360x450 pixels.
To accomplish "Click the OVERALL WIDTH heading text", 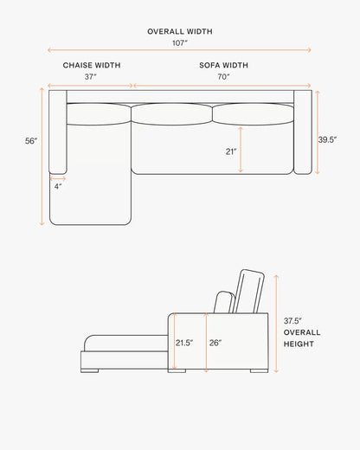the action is (x=180, y=31).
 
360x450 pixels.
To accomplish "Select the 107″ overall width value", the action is (x=180, y=43).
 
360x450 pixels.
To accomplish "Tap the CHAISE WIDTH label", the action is (x=92, y=65).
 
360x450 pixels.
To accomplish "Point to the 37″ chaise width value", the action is (x=91, y=77).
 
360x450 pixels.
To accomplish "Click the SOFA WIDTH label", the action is (x=223, y=65).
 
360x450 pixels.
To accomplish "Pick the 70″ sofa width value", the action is (x=223, y=77).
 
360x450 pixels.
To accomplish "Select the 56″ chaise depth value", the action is (x=31, y=141).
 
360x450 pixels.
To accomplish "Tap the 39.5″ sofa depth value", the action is (x=327, y=139).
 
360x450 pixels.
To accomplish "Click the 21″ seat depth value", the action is (x=231, y=151).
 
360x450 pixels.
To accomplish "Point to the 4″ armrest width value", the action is (x=58, y=186).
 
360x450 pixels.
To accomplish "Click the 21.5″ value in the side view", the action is (x=184, y=343).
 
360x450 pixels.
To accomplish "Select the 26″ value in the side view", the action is (x=215, y=343).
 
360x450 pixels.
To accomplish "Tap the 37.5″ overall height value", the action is (x=292, y=321).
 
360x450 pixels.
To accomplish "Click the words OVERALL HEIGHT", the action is (x=302, y=338).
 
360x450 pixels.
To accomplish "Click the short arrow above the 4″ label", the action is (x=58, y=179).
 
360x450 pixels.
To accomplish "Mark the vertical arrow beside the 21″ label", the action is (x=241, y=150).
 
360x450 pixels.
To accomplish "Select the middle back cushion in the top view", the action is (x=171, y=113).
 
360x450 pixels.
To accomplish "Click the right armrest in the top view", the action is (x=303, y=132).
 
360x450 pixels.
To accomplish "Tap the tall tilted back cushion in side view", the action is (x=248, y=292).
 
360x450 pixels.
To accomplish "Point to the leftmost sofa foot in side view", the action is (x=90, y=370).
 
